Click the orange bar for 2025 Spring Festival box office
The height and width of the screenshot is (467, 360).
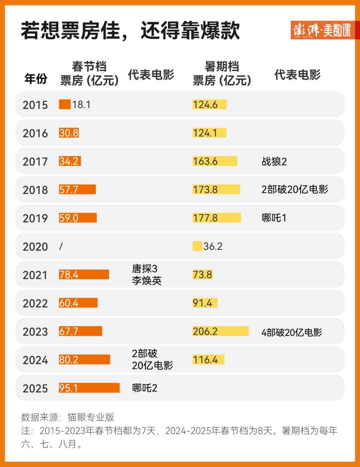(x=89, y=388)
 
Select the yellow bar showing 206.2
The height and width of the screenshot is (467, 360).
(x=220, y=331)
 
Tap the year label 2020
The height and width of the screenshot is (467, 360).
(x=35, y=247)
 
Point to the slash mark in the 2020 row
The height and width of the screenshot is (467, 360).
(x=61, y=246)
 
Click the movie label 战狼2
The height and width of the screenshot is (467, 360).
(x=274, y=162)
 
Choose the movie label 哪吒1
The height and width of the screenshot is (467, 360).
(x=274, y=218)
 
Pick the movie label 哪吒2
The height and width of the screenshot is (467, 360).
(x=144, y=388)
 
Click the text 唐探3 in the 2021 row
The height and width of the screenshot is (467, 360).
(x=144, y=269)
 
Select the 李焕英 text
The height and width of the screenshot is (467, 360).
(x=147, y=281)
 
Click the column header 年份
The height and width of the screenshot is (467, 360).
(x=36, y=78)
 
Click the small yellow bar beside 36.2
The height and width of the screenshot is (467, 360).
(x=198, y=246)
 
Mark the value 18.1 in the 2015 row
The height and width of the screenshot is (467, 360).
(x=81, y=105)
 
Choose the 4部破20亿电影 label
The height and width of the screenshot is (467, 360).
(x=291, y=332)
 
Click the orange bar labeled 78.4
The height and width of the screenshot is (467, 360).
(x=84, y=274)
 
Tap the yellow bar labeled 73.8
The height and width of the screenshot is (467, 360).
(x=202, y=274)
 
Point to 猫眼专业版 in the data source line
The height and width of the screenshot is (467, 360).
(x=91, y=417)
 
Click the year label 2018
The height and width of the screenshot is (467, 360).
(x=35, y=190)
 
